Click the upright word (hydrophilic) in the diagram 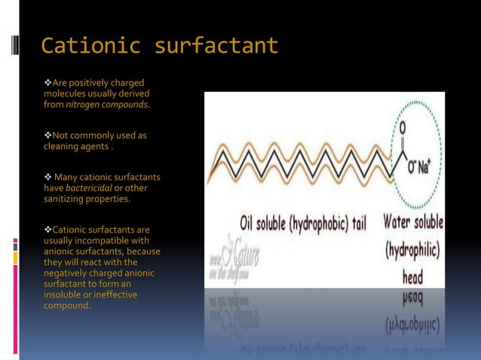click(x=412, y=250)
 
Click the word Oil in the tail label click(x=250, y=224)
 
